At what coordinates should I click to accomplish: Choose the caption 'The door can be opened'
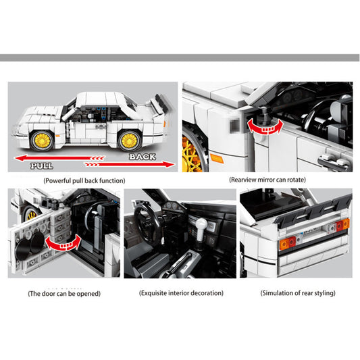pos(63,294)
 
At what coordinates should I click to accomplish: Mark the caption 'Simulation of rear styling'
pos(297,294)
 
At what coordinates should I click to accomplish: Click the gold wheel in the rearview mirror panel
pos(191,152)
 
